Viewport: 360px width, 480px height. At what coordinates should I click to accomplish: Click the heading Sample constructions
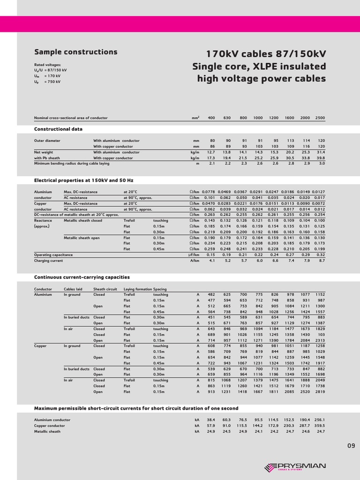75,52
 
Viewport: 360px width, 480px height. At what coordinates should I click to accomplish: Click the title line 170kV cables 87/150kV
266,53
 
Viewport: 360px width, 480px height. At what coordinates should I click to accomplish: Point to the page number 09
351,446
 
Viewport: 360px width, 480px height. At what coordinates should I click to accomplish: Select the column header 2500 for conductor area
320,118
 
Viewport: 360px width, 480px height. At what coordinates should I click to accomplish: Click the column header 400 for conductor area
211,118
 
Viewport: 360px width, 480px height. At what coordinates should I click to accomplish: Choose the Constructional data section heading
58,128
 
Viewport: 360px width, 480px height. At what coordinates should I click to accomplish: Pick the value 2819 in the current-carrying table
320,391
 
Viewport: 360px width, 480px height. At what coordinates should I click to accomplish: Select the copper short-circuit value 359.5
319,426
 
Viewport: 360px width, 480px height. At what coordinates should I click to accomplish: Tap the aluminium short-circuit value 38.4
211,420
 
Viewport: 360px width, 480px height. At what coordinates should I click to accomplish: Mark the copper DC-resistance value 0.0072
319,203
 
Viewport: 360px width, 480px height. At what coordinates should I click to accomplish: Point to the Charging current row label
48,260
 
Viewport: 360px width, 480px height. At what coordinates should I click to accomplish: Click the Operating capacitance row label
53,255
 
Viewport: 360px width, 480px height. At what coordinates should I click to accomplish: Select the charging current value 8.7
321,260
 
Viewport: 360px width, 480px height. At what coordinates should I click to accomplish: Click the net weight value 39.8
321,158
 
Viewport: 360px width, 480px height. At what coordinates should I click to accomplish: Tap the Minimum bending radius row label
72,164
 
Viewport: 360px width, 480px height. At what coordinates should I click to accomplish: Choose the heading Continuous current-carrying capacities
82,277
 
